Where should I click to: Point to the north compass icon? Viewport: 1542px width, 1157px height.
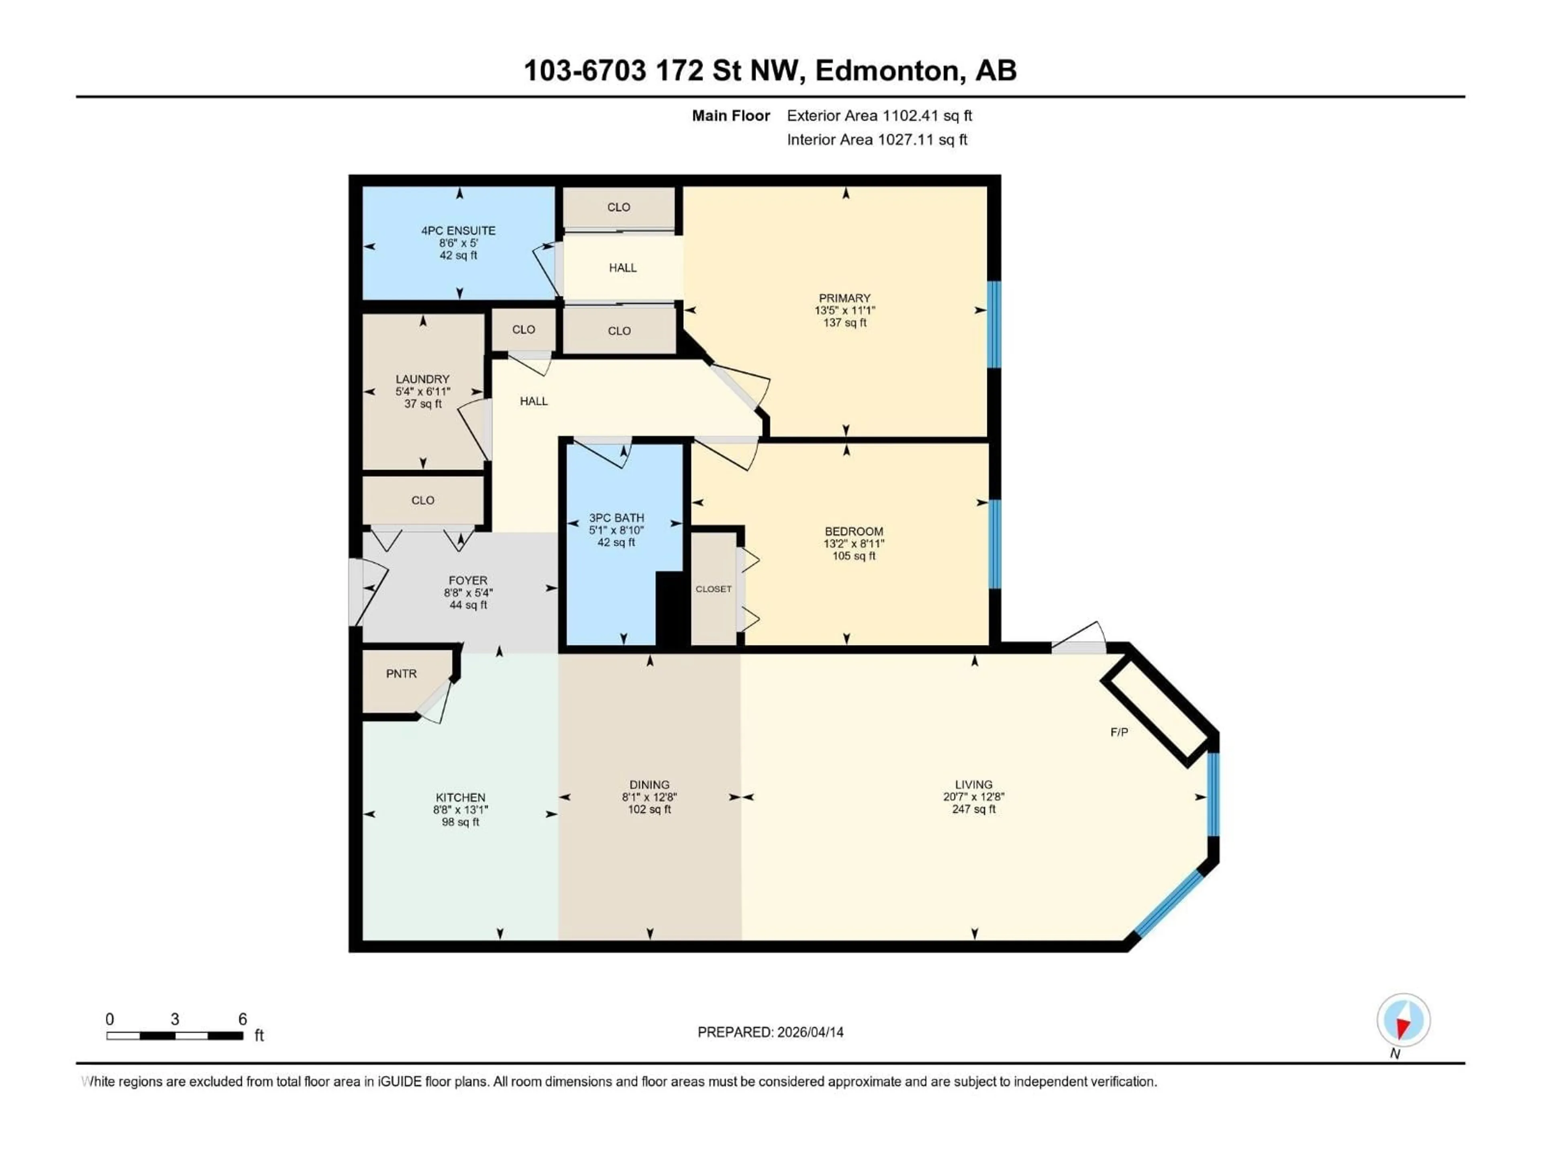[1403, 1020]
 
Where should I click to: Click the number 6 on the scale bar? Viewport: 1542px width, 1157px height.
[243, 1019]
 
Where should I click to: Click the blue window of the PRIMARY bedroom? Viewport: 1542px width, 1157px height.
[995, 324]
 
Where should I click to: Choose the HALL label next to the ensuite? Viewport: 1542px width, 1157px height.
[622, 268]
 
